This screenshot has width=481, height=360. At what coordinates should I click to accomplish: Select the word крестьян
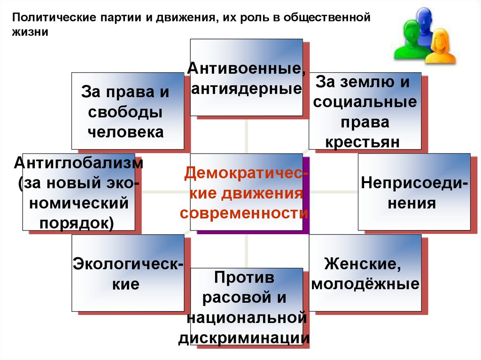(x=363, y=142)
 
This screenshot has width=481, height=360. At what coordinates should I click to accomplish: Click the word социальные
(x=365, y=102)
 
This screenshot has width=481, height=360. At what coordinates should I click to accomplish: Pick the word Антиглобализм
(x=78, y=163)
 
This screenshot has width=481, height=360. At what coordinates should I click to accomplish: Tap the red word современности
(x=244, y=213)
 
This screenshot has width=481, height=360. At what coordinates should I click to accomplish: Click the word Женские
(x=363, y=264)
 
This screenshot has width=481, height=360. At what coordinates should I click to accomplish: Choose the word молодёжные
(x=365, y=284)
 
